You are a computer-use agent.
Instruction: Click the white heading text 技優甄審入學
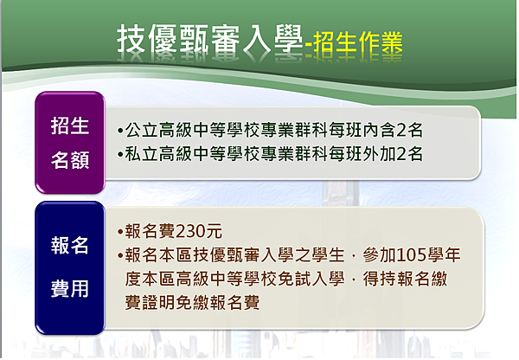point(210,39)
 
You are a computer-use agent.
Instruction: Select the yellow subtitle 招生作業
point(358,42)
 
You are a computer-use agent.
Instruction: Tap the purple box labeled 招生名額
point(70,143)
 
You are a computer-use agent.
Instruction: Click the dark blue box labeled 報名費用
point(70,267)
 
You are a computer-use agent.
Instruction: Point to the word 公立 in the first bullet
point(142,131)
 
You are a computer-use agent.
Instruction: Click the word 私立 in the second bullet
point(142,154)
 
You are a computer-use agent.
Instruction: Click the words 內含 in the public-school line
point(380,131)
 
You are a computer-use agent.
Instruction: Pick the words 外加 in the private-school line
point(380,154)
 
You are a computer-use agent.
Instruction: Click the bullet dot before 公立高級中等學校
point(120,131)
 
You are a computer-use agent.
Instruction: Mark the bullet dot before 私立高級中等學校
point(120,154)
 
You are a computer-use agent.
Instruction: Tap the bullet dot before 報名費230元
point(120,232)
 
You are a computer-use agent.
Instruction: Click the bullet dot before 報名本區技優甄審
point(120,255)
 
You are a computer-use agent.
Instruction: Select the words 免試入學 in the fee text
point(311,279)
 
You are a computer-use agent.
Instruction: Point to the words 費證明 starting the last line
point(151,303)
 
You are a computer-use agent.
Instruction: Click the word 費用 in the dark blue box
point(70,288)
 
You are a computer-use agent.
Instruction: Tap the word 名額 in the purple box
point(70,160)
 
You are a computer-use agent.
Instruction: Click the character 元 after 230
point(214,231)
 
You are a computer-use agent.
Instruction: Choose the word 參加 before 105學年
point(380,255)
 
